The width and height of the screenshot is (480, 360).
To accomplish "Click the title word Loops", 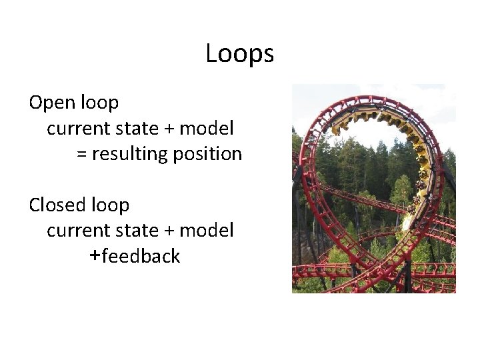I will pos(239,54).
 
